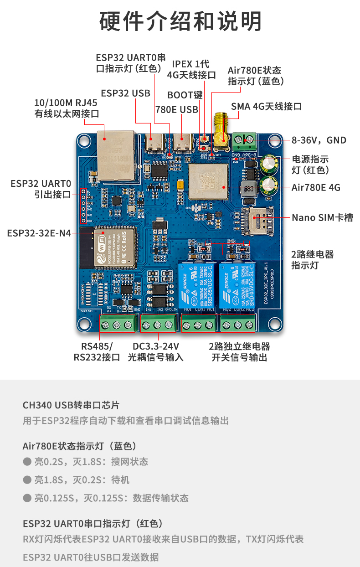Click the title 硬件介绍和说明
(180, 21)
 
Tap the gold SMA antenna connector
(222, 132)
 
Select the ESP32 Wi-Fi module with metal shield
(114, 247)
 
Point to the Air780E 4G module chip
(208, 182)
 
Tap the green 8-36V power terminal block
(244, 140)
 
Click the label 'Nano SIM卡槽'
(322, 217)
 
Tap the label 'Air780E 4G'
(316, 187)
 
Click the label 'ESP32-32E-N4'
(39, 233)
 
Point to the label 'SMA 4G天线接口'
(266, 107)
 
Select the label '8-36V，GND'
(319, 140)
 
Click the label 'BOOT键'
(185, 95)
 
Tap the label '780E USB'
(177, 109)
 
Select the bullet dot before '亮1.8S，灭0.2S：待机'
(27, 479)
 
